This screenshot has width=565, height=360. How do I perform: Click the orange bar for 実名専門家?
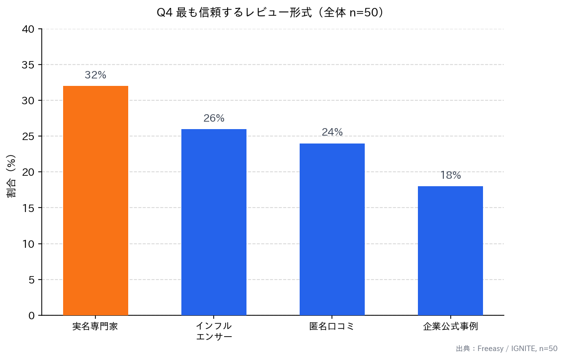point(95,201)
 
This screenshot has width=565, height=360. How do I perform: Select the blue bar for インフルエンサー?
point(214,222)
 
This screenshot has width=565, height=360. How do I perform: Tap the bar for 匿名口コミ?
point(332,229)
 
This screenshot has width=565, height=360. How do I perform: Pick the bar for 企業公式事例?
point(450,251)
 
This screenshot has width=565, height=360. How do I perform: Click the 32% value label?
point(95,75)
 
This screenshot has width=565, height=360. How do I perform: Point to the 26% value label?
point(214,119)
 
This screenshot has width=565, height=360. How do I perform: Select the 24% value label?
point(332,133)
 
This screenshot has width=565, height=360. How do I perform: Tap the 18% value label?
point(450,176)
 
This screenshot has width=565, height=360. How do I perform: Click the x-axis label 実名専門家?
point(95,327)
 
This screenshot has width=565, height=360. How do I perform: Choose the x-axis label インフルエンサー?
point(214,332)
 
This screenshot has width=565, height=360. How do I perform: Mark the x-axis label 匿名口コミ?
point(332,327)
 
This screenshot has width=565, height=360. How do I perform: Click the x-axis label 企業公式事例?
point(450,327)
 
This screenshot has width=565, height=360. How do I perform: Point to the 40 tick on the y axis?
point(28,29)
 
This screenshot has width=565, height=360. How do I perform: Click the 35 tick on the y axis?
point(28,65)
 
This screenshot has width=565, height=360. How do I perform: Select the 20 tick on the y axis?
point(28,172)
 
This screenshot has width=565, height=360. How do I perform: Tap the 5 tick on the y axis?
point(31,280)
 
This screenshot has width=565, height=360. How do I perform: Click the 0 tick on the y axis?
point(31,316)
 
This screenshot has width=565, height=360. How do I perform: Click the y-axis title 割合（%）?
point(11,177)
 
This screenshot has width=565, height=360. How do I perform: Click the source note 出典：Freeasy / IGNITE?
point(506,349)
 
